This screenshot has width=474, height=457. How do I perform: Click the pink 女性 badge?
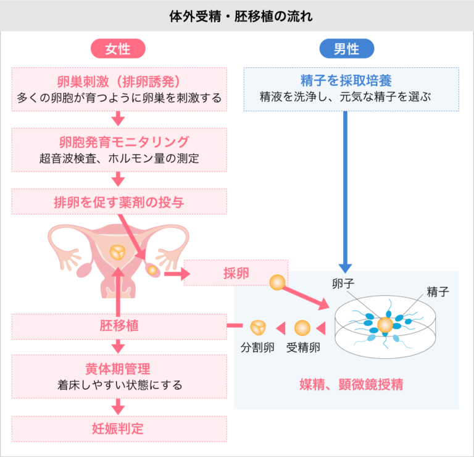pos(118,48)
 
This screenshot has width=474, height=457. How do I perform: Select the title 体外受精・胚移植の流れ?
pos(237,15)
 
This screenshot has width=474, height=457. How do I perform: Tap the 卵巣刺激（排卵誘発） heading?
pos(119,81)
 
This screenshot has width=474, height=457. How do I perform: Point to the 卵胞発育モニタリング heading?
pos(119,141)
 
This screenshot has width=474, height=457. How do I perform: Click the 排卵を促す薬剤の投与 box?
pos(119,201)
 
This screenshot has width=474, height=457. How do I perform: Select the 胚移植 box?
pos(119,325)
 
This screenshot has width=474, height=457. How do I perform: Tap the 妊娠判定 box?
pos(119,429)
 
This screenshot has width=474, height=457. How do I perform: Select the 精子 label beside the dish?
pos(438,291)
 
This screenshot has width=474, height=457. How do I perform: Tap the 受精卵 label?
pos(302,346)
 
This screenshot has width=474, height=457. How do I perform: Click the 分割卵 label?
pos(257,346)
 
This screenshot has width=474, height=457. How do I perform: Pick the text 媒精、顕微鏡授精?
pos(351,385)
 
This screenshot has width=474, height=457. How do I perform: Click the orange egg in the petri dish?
pos(385,325)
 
